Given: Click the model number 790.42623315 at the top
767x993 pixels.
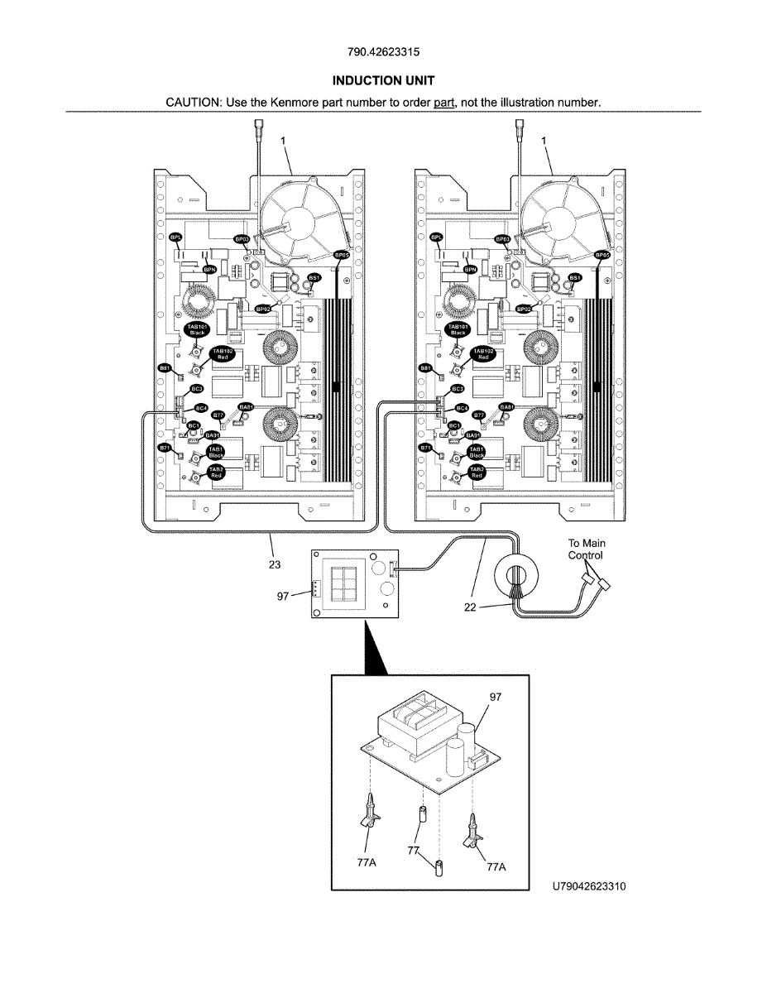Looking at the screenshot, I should pos(383,51).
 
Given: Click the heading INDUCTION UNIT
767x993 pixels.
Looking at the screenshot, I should pos(383,80).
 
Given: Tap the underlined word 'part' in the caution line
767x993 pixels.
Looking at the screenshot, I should pos(445,103).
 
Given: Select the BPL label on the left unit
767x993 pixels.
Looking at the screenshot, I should pos(175,237).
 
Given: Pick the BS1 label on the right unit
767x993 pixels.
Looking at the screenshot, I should pos(575,277).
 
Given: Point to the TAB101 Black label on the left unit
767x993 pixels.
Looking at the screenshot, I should pos(197,330).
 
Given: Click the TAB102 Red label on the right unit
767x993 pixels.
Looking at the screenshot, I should pos(483,354).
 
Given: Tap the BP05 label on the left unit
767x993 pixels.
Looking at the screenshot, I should pos(341,256).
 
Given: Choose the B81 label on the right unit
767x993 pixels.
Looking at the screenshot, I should pos(425,367).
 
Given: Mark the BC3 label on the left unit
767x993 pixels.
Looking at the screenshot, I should pos(197,388).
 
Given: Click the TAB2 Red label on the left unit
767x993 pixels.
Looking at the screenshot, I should pos(216,473).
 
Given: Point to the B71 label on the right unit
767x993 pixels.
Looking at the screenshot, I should pos(425,448).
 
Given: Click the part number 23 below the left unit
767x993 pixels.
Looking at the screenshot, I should pos(274,565).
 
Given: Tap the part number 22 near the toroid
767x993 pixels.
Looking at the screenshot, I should pos(469,607).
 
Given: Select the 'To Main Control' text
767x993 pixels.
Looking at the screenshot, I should pos(586,549).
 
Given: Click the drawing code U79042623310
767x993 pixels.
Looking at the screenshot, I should pos(589,886).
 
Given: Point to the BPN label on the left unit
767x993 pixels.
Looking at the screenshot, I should pos(210,269).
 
